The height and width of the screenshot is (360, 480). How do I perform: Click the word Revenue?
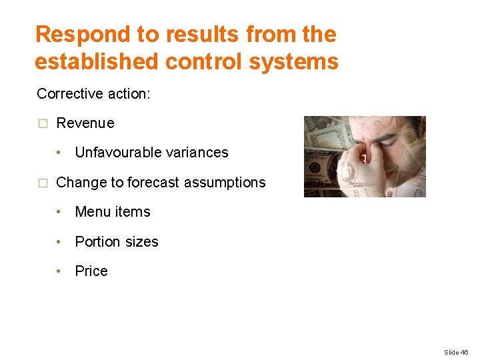85,123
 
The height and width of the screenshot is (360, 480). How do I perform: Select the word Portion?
96,242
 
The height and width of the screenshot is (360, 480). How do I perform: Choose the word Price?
91,271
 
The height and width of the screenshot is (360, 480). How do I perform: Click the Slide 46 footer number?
456,352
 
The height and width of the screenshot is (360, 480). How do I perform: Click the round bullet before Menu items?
59,212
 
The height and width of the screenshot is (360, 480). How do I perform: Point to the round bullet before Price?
59,271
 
